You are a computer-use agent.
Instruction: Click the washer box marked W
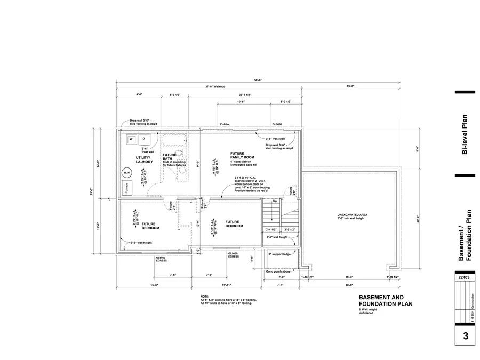(x=131, y=139)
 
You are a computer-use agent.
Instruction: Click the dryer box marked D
(x=143, y=139)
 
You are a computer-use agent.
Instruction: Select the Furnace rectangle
(x=126, y=188)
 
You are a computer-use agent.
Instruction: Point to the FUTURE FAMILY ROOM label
(x=242, y=155)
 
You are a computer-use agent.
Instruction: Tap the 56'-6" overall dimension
(x=258, y=80)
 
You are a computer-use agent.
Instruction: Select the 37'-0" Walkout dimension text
(x=215, y=87)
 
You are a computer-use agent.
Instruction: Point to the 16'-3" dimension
(x=349, y=277)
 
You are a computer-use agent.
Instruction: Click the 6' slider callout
(x=225, y=124)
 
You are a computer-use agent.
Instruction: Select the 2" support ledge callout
(x=279, y=254)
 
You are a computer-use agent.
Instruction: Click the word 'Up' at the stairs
(x=275, y=202)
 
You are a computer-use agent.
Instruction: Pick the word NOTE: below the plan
(x=205, y=297)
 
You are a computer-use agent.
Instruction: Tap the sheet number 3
(x=465, y=337)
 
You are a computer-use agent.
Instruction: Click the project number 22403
(x=464, y=278)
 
